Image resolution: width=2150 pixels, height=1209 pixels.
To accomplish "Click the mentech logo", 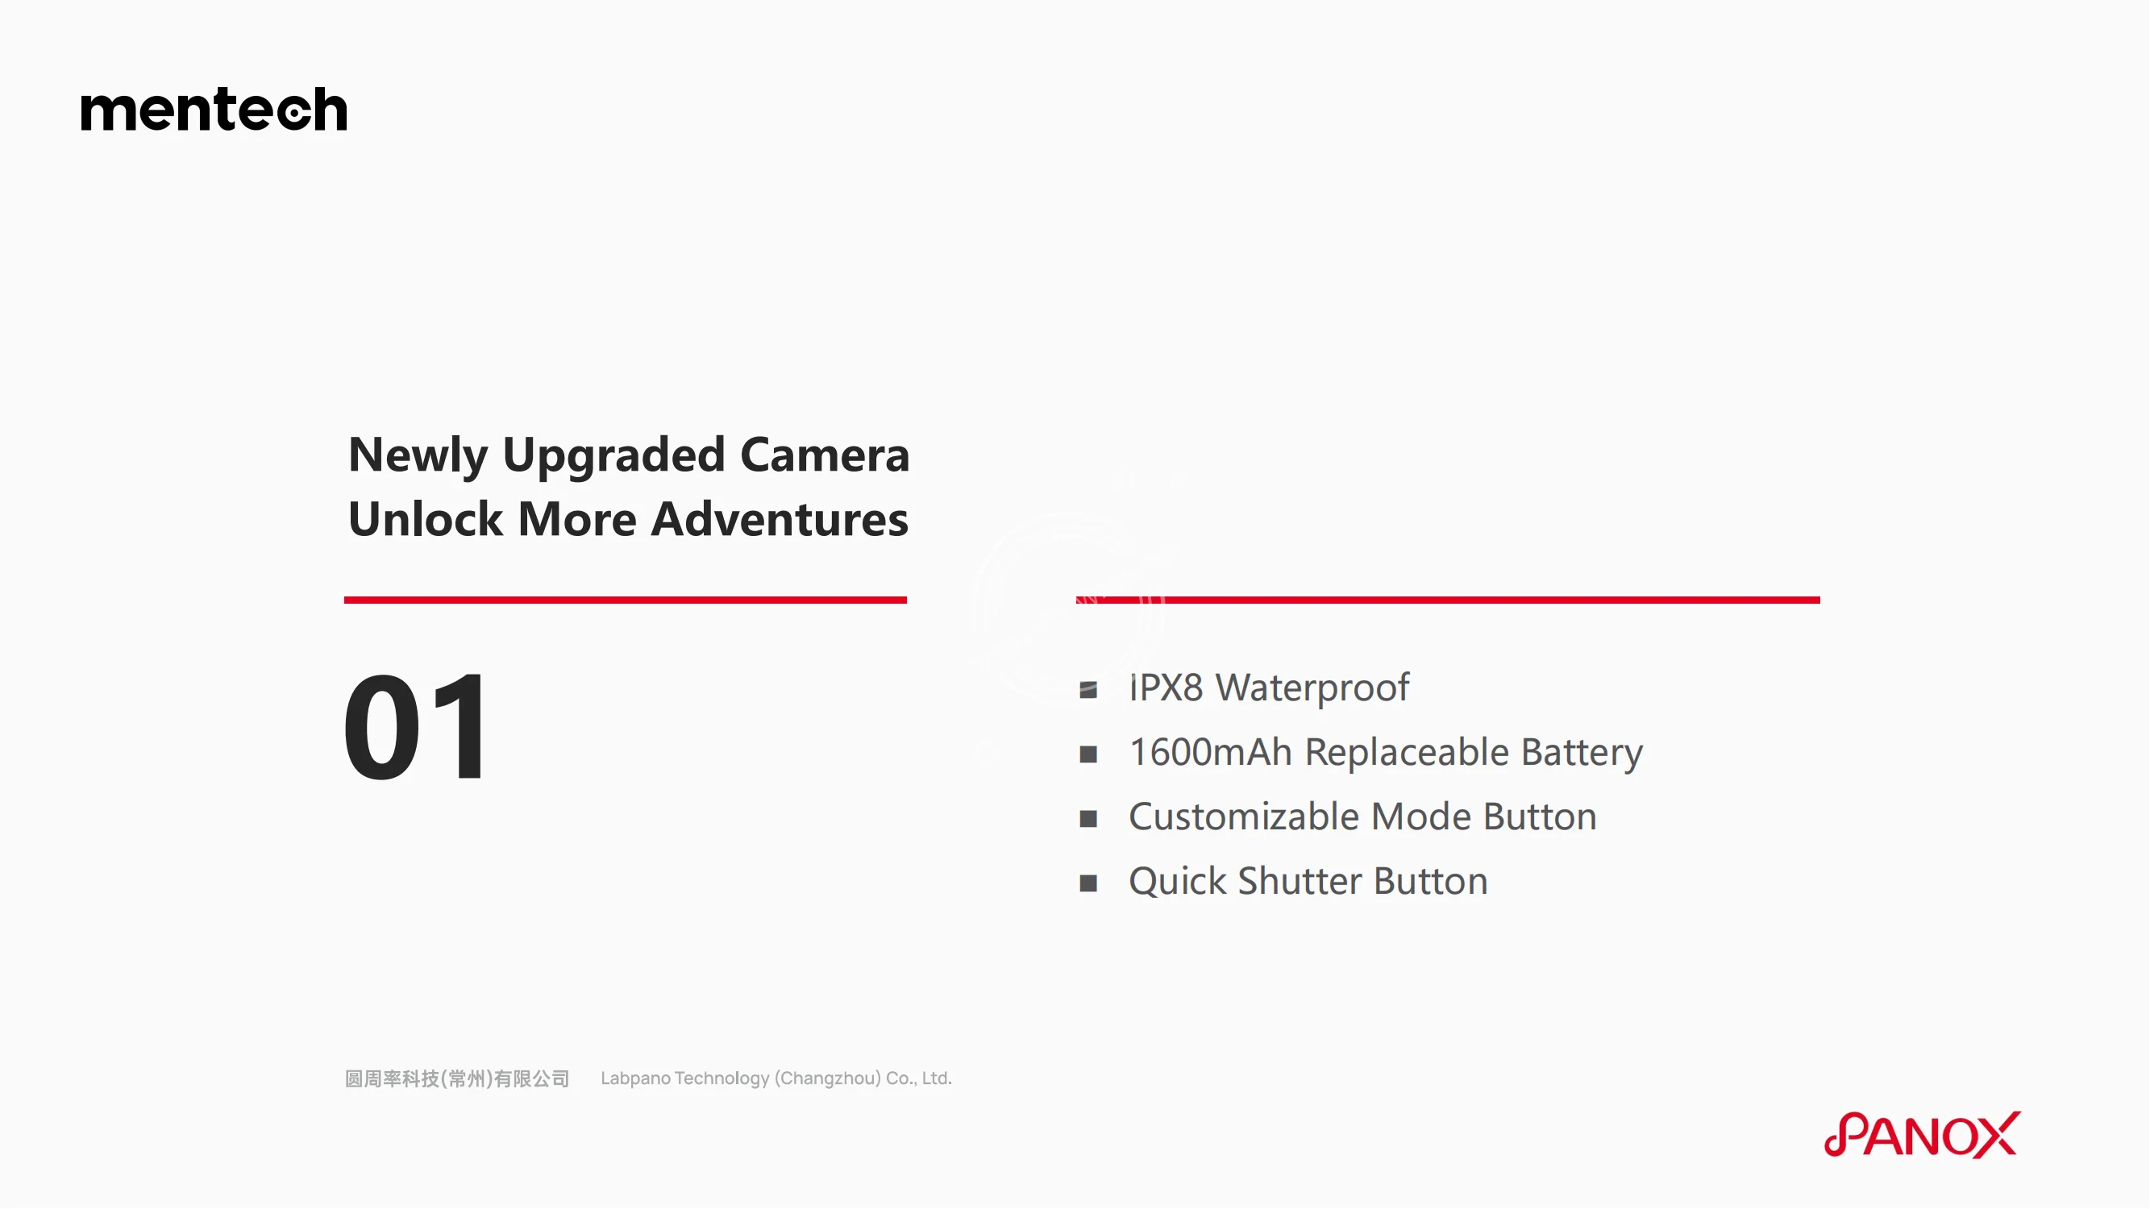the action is pos(214,110).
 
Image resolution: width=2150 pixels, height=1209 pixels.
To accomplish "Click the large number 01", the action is pos(415,727).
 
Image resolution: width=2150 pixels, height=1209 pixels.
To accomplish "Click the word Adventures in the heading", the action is pos(780,519).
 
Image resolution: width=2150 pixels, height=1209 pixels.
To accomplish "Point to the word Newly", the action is pos(418,456).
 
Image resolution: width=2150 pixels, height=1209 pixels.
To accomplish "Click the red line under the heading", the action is pos(625,600).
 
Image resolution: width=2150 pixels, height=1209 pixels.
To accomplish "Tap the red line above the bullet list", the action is pos(1448,600).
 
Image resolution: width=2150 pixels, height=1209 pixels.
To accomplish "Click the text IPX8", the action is pos(1166,688).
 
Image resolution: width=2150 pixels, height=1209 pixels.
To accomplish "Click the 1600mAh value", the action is pos(1210,753).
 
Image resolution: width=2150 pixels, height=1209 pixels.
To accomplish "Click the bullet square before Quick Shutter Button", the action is pos(1088,883).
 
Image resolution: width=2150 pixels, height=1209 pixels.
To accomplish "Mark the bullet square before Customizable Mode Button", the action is pos(1088,820).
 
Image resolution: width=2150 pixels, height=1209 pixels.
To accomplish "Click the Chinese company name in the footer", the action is pos(457,1079).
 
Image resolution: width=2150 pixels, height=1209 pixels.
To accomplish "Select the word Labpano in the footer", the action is pos(635,1079).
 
